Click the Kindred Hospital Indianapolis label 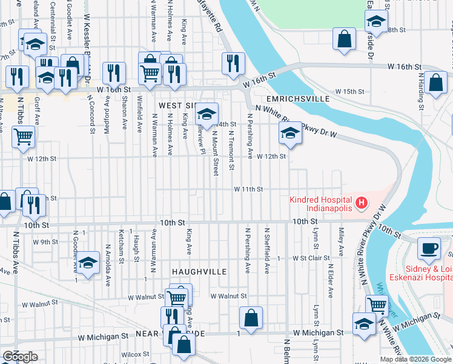tap(320, 204)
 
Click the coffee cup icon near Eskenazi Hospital tap(429, 248)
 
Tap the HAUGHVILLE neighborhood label tap(199, 271)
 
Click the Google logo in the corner tap(20, 357)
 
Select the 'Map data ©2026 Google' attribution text tap(415, 359)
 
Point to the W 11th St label tap(249, 189)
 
